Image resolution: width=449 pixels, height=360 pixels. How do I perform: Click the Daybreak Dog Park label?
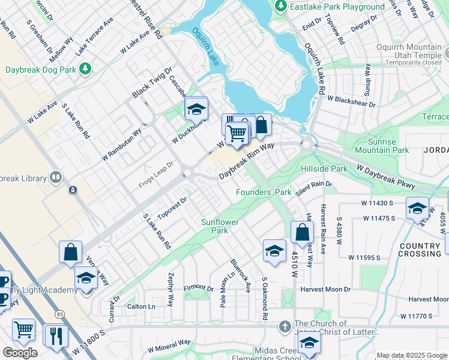41,70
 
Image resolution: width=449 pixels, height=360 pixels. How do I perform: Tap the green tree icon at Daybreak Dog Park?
86,69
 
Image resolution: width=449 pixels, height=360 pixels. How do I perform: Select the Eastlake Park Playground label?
337,7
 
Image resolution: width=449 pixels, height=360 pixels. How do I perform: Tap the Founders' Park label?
263,192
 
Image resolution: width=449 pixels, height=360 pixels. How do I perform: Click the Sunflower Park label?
220,226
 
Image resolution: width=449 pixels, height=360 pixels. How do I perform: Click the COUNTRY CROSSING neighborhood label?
420,250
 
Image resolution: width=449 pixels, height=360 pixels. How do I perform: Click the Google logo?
20,353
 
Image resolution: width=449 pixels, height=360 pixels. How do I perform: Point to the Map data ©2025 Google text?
411,355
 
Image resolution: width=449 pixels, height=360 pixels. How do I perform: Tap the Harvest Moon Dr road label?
326,289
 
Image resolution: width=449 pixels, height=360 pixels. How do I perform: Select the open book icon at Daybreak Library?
55,177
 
